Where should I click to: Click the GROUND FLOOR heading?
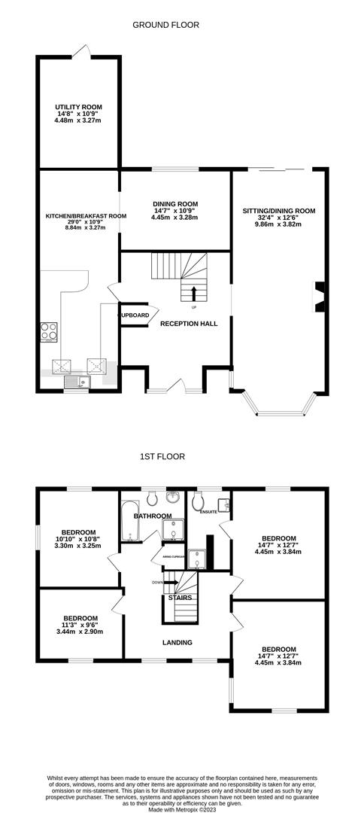(x=166, y=25)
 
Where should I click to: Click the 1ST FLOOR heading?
(x=162, y=456)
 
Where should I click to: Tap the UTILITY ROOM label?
(x=78, y=108)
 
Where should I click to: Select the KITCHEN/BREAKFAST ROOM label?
(x=86, y=216)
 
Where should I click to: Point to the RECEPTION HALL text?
(x=189, y=324)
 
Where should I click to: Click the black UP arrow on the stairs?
(x=195, y=293)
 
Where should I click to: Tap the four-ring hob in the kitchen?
(x=49, y=331)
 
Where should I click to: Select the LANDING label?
(x=177, y=642)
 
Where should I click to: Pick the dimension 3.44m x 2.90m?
(x=79, y=632)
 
